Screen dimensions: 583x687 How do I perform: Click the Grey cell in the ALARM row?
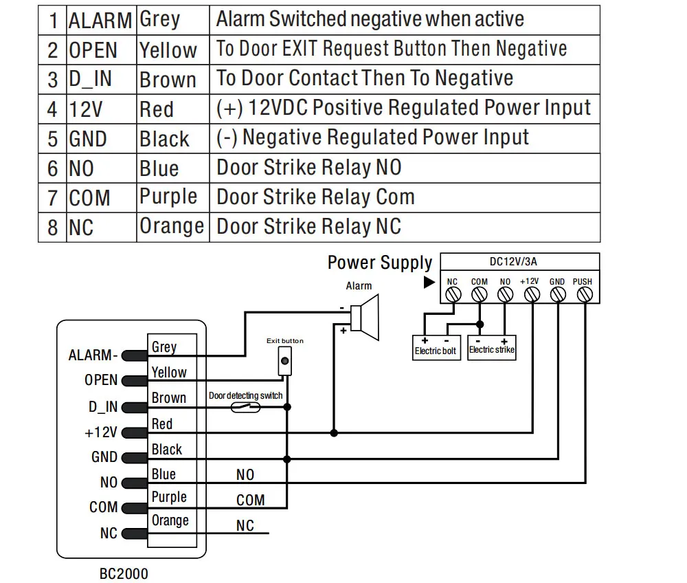point(172,20)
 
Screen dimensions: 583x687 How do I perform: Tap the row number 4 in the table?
point(53,110)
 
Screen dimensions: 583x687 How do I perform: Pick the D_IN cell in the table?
point(101,79)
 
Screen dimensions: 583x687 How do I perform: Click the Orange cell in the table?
point(172,226)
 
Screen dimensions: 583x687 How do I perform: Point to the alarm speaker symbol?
point(364,316)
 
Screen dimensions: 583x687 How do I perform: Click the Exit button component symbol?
point(284,361)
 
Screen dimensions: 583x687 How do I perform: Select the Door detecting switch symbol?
point(245,407)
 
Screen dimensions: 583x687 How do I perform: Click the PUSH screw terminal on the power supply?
point(584,295)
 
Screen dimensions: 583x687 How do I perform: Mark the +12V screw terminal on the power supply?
point(531,295)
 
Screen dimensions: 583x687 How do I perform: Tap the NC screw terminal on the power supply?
point(453,295)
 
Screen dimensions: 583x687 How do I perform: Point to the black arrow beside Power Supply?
point(429,282)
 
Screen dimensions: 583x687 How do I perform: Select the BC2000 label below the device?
point(124,573)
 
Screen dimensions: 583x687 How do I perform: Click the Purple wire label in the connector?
point(169,497)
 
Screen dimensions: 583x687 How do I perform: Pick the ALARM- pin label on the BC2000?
point(93,355)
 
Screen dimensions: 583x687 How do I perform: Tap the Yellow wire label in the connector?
point(169,372)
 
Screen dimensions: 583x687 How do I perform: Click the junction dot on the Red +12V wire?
point(334,433)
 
